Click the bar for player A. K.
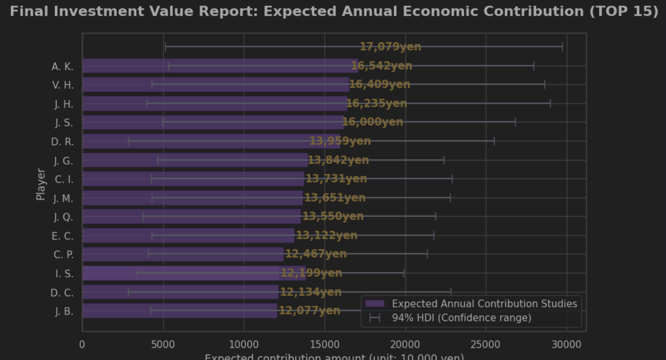click(x=219, y=66)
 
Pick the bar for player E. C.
click(x=188, y=236)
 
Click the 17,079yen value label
click(x=391, y=47)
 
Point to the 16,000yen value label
click(x=373, y=122)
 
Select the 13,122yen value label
click(x=327, y=236)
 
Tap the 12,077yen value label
click(x=310, y=311)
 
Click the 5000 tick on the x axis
click(x=163, y=345)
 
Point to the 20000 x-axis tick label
click(x=405, y=345)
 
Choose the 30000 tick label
click(x=567, y=345)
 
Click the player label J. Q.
click(x=63, y=217)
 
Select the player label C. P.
click(x=63, y=254)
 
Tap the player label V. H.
click(x=63, y=85)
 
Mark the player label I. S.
click(x=64, y=274)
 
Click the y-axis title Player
click(x=41, y=185)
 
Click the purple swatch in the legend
click(x=375, y=304)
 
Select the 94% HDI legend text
click(x=462, y=318)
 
